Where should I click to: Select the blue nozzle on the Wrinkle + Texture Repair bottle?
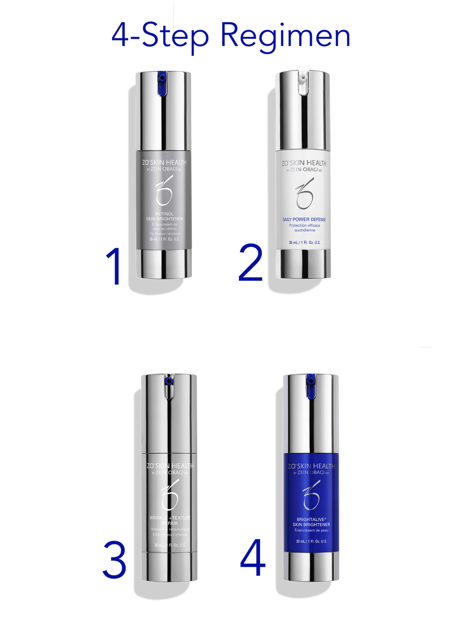click(168, 381)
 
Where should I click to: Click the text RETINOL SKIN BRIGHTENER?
click(164, 216)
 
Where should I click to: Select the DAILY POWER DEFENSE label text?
click(304, 219)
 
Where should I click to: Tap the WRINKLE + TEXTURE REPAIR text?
click(170, 520)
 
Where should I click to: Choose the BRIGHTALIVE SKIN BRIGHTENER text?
click(311, 522)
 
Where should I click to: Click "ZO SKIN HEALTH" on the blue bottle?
click(311, 466)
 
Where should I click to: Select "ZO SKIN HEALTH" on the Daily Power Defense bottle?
click(304, 163)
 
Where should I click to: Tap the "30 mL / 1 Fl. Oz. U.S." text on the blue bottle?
click(311, 541)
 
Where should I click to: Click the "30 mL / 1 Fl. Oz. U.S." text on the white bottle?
click(305, 242)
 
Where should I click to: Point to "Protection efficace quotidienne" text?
click(305, 228)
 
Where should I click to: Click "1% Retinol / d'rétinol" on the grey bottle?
click(164, 234)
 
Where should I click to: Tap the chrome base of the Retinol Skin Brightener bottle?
click(164, 263)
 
